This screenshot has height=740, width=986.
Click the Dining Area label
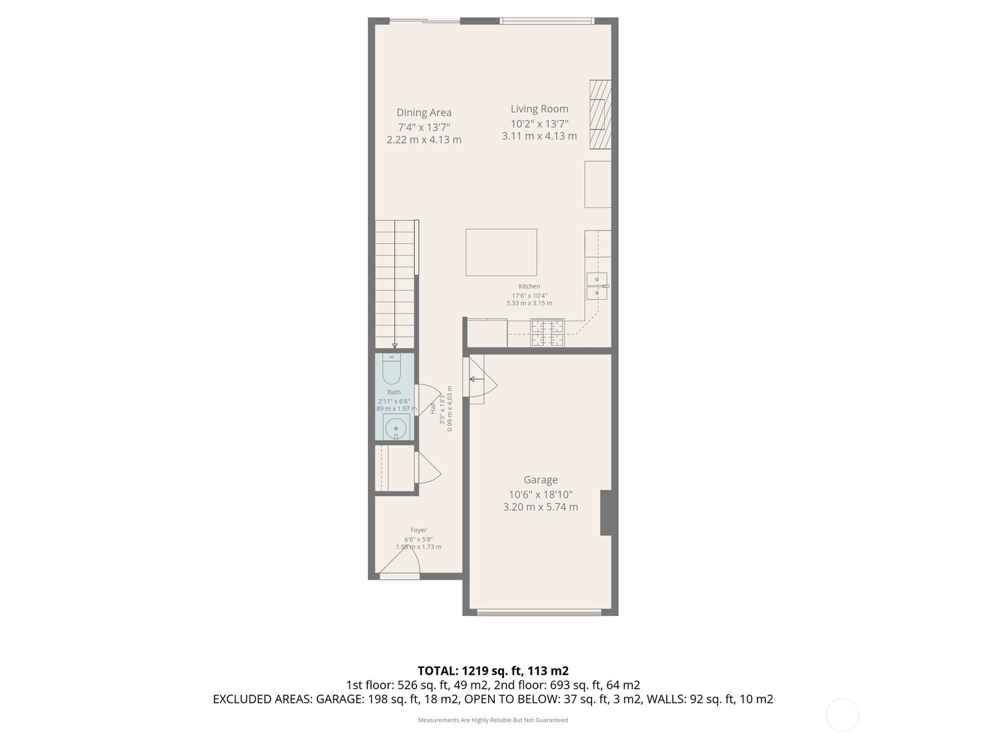(x=424, y=112)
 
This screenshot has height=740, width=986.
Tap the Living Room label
(x=539, y=109)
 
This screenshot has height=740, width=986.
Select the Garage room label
(x=540, y=480)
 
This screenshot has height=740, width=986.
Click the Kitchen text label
(x=529, y=286)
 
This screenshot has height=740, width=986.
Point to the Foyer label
(x=418, y=530)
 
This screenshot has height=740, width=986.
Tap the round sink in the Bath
(x=394, y=427)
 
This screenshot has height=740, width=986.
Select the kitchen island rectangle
(x=501, y=252)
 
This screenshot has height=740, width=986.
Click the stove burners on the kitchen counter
(x=547, y=333)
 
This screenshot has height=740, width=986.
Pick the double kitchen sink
(x=597, y=286)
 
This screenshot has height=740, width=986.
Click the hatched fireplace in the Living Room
(x=600, y=114)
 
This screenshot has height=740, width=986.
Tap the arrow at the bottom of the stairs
(x=395, y=345)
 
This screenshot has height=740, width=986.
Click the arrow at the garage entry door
(x=476, y=379)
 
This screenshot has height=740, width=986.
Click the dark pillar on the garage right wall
(x=606, y=512)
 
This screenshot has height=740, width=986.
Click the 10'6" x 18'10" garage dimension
(x=540, y=494)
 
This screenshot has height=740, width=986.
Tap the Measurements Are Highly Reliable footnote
(x=493, y=720)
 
